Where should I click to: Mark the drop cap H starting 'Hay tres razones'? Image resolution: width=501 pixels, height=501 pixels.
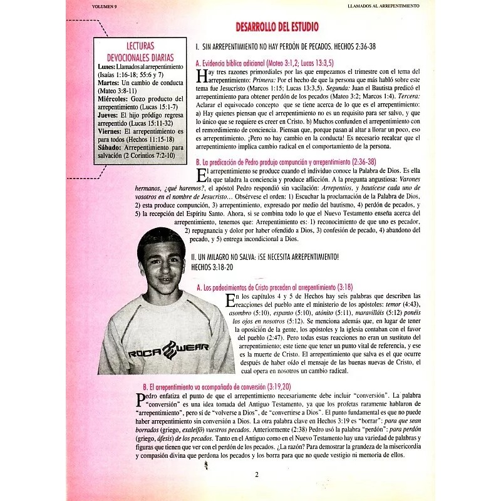[x=201, y=76]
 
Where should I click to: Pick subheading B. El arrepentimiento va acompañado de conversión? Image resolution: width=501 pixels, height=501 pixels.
[x=217, y=388]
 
